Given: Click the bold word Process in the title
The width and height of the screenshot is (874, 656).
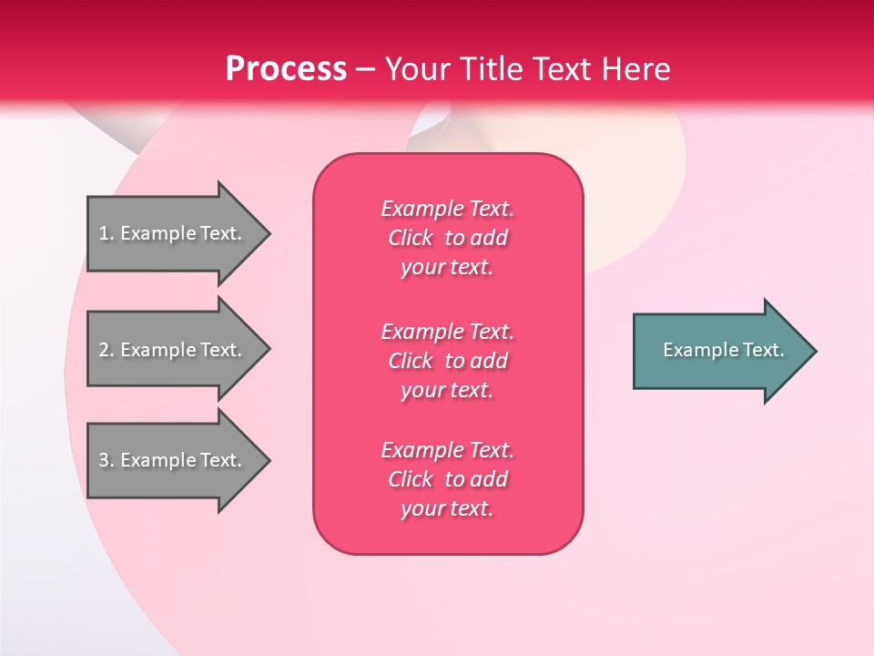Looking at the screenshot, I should [286, 68].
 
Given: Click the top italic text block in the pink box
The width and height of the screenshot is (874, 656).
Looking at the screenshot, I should [447, 238].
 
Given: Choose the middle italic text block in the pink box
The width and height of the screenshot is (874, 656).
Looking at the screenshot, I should [447, 360].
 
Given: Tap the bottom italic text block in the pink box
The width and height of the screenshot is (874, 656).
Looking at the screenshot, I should [447, 479].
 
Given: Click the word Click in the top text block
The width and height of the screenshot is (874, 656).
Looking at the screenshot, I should [410, 238].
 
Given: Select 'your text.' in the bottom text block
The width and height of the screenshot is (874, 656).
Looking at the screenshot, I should [447, 508].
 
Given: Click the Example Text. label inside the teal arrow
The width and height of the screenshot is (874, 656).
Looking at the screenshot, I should [724, 350].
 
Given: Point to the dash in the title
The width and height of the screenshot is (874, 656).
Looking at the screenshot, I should [365, 70].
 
